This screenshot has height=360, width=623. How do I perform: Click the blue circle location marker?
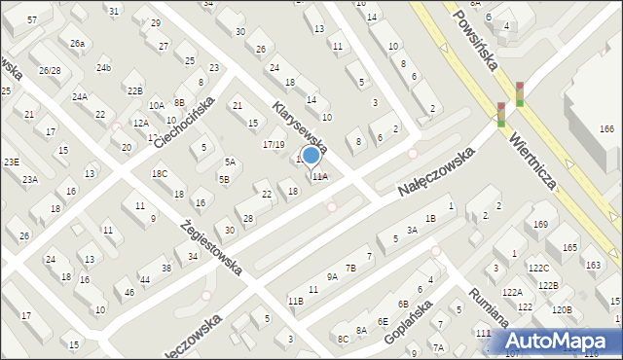[x=311, y=155]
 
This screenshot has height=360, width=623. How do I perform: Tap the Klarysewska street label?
[x=299, y=126]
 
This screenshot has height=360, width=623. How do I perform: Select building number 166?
[x=606, y=129]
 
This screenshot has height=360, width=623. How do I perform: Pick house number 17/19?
[x=274, y=145]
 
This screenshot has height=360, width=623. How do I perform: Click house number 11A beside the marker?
[x=320, y=177]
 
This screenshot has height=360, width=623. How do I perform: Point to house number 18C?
[x=160, y=174]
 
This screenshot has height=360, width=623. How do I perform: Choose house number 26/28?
[x=50, y=71]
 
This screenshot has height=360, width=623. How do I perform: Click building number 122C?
[x=538, y=268]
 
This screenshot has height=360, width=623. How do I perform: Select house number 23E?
[x=11, y=162]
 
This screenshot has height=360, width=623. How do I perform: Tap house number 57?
[x=32, y=20]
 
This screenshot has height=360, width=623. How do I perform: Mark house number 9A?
[x=332, y=277]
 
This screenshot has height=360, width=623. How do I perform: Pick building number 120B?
[x=562, y=309]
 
